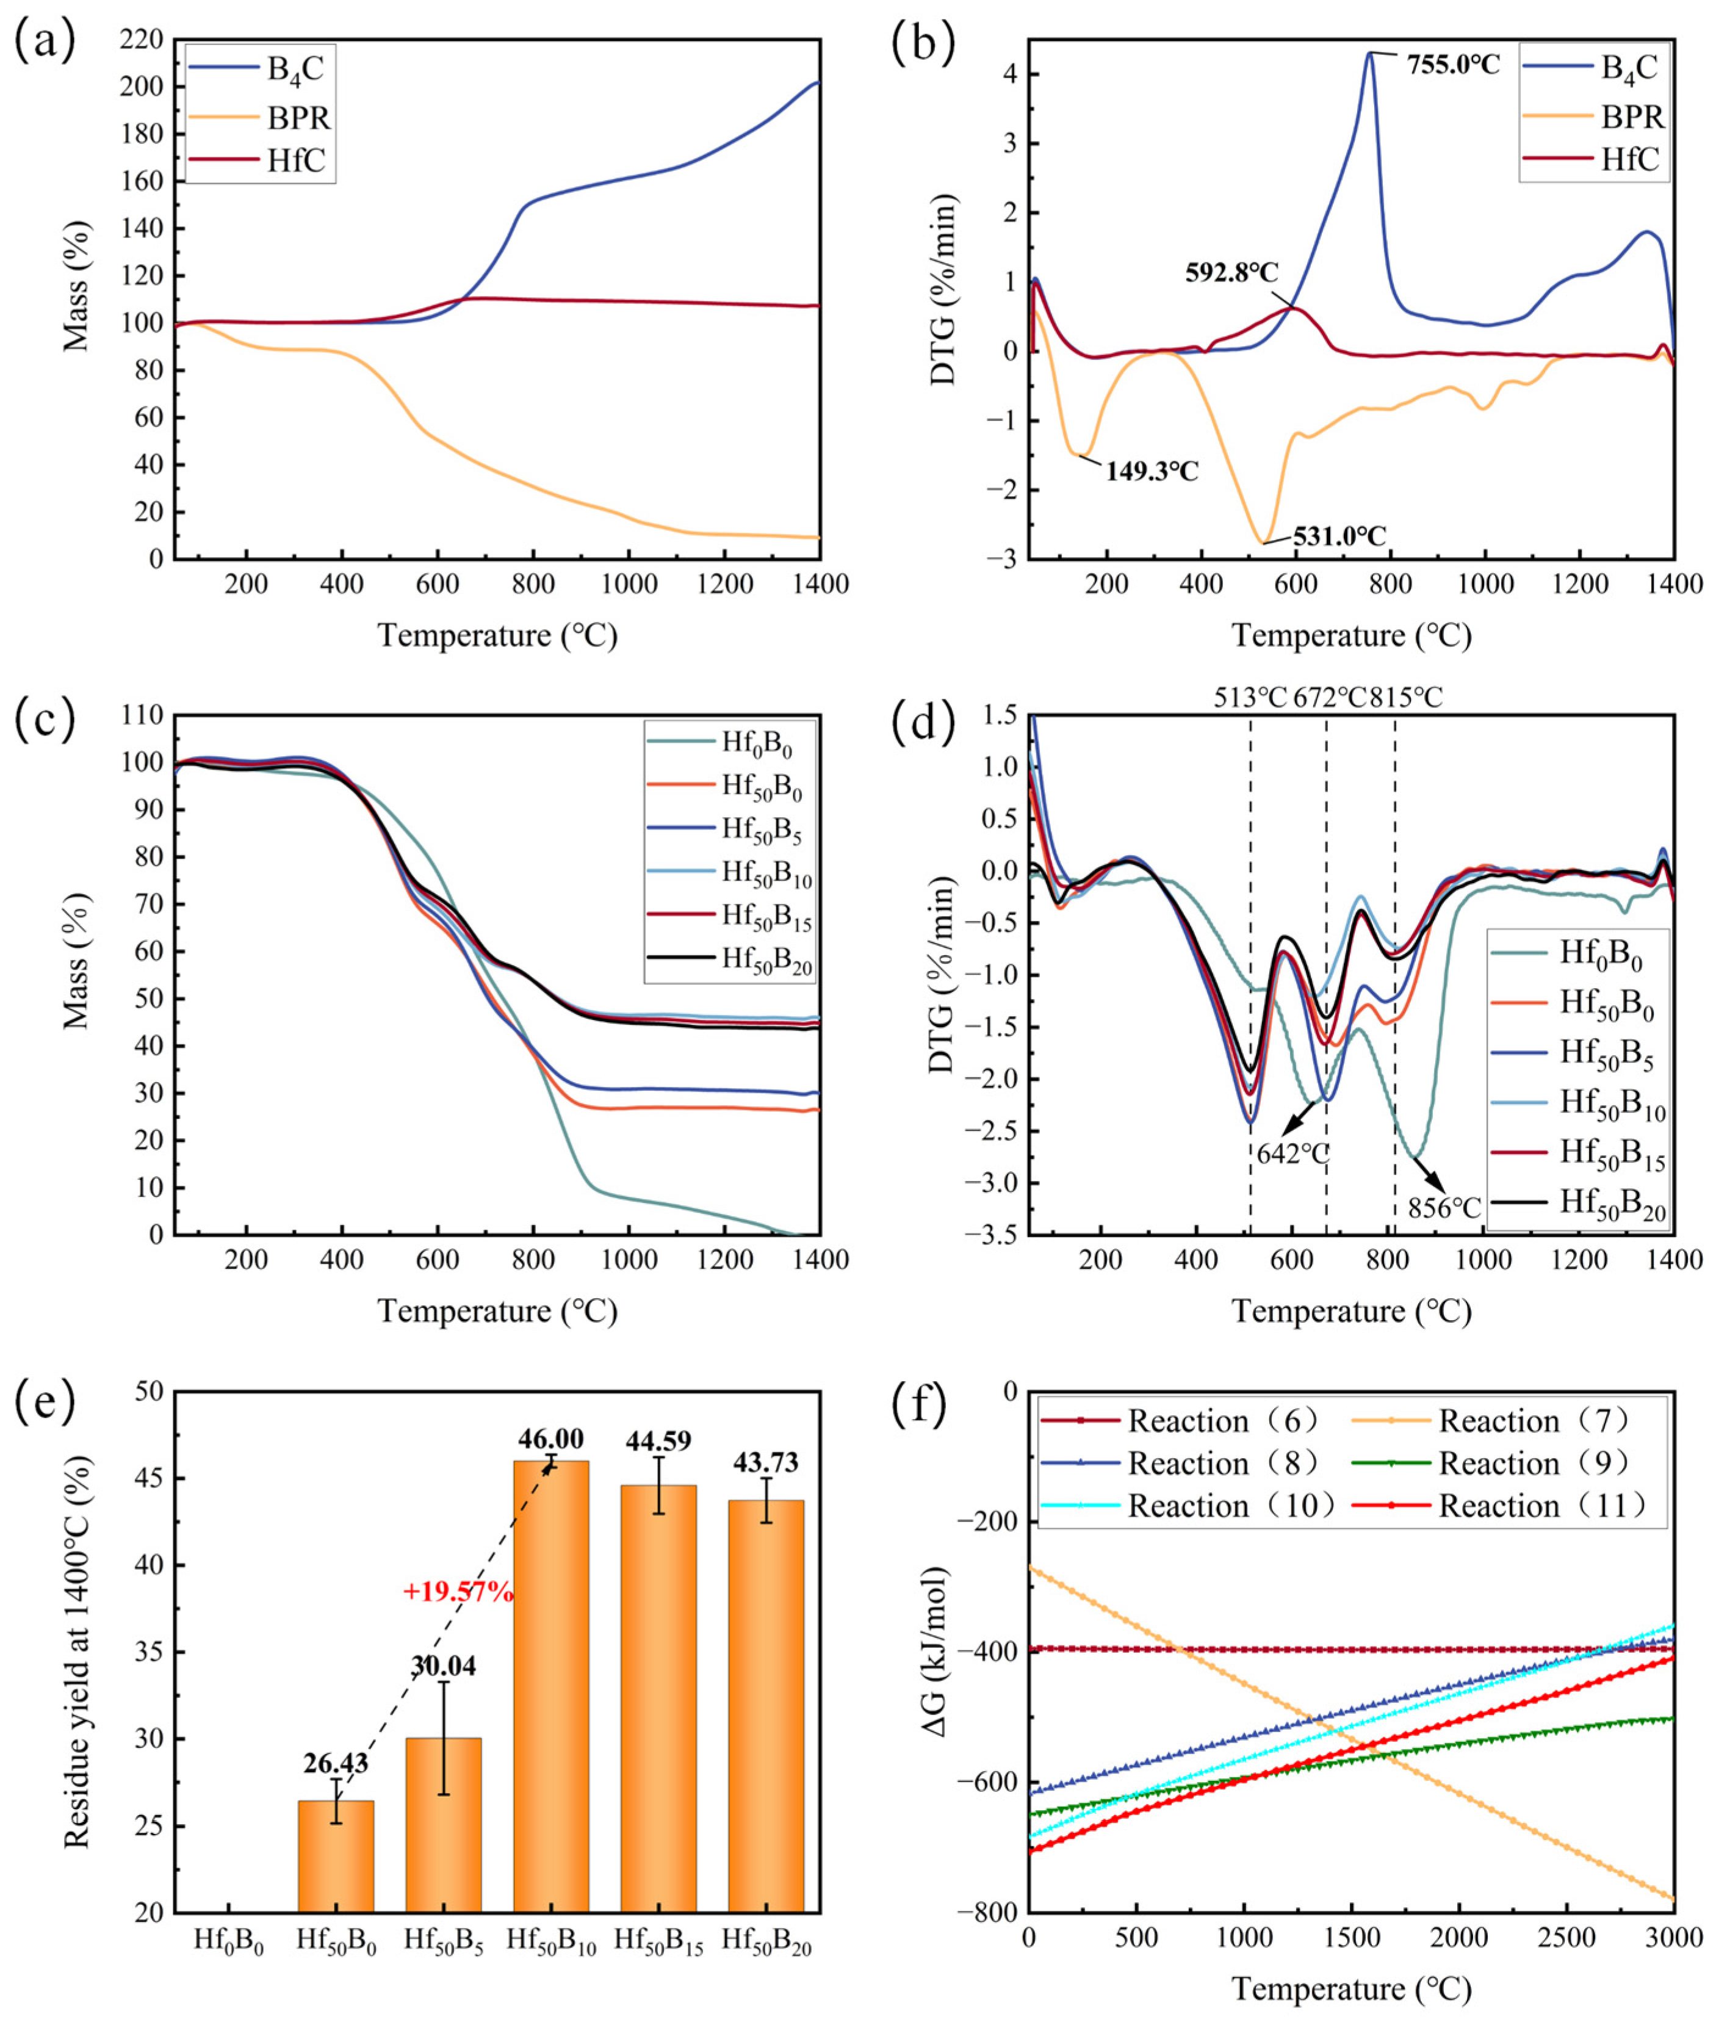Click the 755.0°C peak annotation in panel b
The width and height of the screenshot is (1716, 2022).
1452,65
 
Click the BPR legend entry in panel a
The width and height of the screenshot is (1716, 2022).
298,118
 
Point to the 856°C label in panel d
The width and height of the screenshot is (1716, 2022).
1444,1208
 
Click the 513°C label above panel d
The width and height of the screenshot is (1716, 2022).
1250,698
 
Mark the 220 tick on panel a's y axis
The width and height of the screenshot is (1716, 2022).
142,40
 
